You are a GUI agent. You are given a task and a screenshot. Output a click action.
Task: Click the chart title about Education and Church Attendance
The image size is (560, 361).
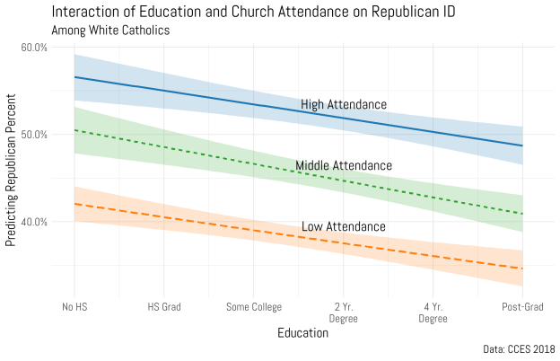(x=231, y=12)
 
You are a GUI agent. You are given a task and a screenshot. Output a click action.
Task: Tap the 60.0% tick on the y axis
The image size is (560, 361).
(x=34, y=48)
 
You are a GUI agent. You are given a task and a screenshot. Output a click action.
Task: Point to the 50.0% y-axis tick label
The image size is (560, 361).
(x=34, y=135)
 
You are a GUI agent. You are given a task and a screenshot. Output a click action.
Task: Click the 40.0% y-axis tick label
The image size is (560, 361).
(x=34, y=222)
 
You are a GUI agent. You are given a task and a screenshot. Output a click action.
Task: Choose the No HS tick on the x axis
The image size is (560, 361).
(x=74, y=306)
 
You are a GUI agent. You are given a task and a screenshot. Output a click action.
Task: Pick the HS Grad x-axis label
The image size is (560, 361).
(x=164, y=306)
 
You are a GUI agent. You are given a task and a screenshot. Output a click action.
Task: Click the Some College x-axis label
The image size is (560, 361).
(x=253, y=306)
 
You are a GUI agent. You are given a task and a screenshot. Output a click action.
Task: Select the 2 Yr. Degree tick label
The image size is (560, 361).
(x=343, y=312)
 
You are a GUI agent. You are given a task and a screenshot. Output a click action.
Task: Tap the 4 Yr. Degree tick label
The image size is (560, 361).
(x=433, y=312)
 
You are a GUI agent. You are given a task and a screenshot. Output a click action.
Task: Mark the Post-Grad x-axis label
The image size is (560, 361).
(x=522, y=306)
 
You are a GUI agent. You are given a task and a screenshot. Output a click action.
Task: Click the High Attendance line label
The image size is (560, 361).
(x=344, y=105)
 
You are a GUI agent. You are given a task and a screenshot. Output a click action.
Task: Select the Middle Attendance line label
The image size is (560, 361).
(x=344, y=166)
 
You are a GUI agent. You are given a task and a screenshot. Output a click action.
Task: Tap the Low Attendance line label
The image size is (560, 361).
(x=344, y=226)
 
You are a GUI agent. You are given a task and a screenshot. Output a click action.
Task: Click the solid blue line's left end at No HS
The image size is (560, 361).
(x=74, y=77)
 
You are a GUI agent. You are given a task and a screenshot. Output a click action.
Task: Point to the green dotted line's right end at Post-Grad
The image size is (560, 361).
(x=522, y=214)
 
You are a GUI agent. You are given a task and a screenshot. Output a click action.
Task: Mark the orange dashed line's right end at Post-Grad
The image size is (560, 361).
(x=522, y=269)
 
